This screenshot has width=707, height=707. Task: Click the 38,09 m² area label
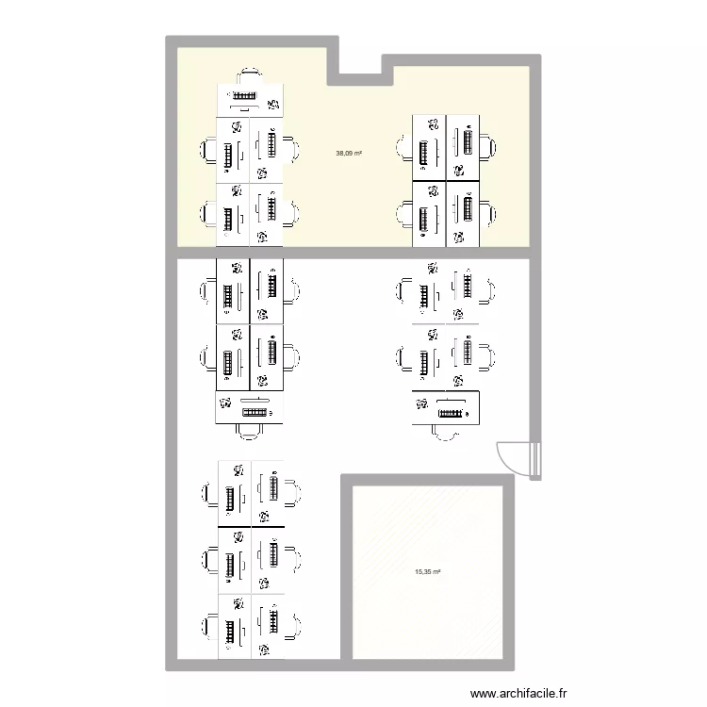(x=349, y=153)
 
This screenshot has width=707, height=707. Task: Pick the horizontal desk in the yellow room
(x=250, y=100)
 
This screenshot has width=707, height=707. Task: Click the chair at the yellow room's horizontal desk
(x=250, y=74)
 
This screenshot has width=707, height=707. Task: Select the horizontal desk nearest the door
(x=447, y=407)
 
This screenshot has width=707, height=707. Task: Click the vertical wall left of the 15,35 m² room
(x=346, y=570)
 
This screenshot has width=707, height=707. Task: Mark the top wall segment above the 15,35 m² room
(x=429, y=479)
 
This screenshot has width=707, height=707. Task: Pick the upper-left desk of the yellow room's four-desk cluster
(x=429, y=147)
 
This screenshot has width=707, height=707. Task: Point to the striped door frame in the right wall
(x=535, y=459)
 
